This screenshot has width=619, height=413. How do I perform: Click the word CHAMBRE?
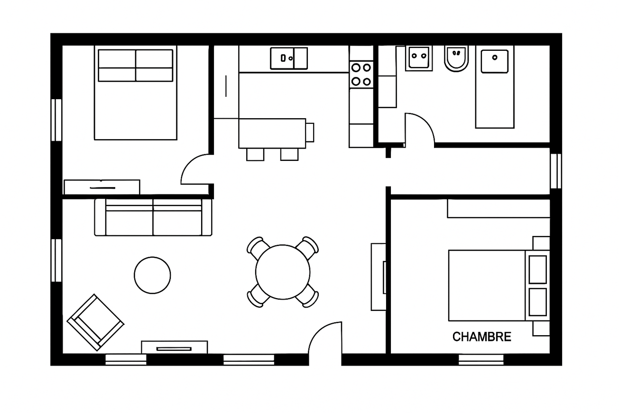(x=481, y=337)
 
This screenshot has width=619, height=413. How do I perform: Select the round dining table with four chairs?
(x=283, y=272)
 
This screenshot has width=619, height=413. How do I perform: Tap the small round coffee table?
(x=152, y=275)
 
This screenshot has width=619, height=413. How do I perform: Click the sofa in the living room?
(x=153, y=217)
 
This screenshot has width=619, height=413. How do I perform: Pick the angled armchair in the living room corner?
(x=95, y=322)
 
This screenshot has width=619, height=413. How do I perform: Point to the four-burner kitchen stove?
(x=361, y=75)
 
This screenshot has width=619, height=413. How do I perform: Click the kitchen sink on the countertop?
(x=288, y=58)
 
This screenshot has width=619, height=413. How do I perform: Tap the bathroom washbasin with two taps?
(x=418, y=58)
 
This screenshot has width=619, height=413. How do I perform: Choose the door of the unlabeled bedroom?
(x=195, y=169)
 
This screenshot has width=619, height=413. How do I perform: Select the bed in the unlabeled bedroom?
(x=136, y=93)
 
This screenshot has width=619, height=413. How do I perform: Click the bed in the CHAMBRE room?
(x=493, y=285)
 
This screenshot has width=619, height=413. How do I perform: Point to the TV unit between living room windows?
(x=174, y=347)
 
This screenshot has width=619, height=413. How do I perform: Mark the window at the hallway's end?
(x=555, y=171)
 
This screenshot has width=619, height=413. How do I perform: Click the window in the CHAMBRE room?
(x=481, y=359)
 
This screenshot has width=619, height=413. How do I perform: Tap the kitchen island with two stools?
(x=272, y=133)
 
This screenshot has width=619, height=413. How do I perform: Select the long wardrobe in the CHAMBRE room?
(x=498, y=208)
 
